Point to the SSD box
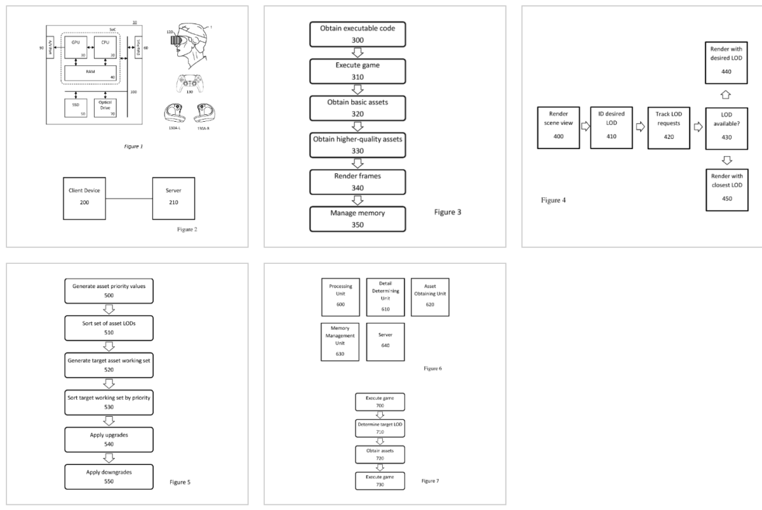[x=77, y=107]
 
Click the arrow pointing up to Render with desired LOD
[x=726, y=95]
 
